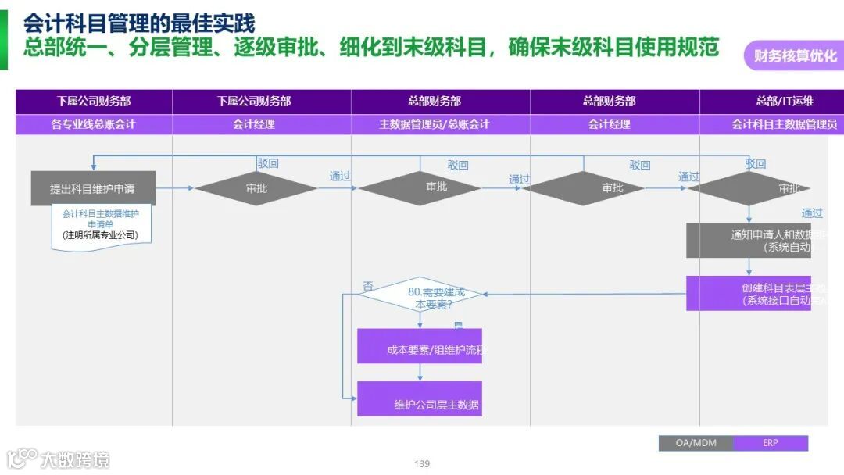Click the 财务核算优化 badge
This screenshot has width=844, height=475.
[x=794, y=55]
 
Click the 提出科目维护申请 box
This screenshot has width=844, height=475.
[x=93, y=188]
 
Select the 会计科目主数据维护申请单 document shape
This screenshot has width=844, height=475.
[x=101, y=225]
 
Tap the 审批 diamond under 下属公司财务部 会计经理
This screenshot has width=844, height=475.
[x=256, y=188]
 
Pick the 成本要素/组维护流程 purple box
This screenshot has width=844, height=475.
[x=420, y=346]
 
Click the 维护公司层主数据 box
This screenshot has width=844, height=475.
[x=420, y=398]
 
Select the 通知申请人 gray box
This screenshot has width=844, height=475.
[x=749, y=240]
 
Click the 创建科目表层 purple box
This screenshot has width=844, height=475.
[x=749, y=293]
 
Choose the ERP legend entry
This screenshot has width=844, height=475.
[x=771, y=443]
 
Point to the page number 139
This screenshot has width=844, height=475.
[x=422, y=463]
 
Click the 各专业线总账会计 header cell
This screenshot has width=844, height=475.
[x=94, y=124]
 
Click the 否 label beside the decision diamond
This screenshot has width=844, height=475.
[x=367, y=287]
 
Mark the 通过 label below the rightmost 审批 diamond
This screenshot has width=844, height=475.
[x=812, y=212]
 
